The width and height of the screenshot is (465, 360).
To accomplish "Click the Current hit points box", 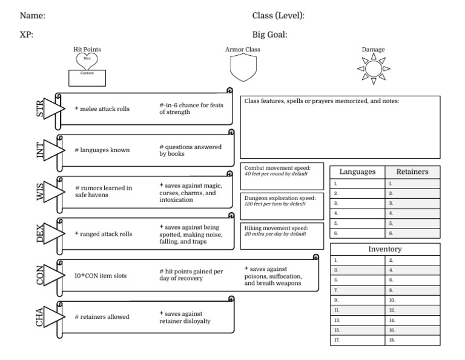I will click(x=87, y=78).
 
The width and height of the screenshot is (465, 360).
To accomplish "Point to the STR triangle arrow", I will click(x=53, y=110).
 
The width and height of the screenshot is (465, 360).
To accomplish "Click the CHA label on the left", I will click(x=40, y=317).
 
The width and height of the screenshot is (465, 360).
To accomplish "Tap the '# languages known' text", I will click(x=101, y=150).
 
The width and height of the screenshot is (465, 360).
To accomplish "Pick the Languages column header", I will click(x=357, y=172).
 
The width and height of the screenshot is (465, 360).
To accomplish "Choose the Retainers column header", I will click(x=412, y=172).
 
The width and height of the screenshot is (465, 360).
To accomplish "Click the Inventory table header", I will click(x=385, y=249).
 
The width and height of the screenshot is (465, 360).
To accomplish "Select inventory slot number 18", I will click(x=412, y=341).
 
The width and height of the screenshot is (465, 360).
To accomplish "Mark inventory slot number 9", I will click(x=357, y=300).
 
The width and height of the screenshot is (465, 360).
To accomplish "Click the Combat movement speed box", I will click(x=282, y=176).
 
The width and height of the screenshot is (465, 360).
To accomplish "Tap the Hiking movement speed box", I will click(x=282, y=236).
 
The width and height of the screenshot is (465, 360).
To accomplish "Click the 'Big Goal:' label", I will click(x=269, y=35).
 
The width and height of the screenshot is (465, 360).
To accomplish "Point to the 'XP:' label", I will click(x=26, y=35).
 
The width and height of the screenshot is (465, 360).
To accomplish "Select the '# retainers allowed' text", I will click(x=101, y=317).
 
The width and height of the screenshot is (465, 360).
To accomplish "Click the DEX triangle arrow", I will click(x=53, y=234).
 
